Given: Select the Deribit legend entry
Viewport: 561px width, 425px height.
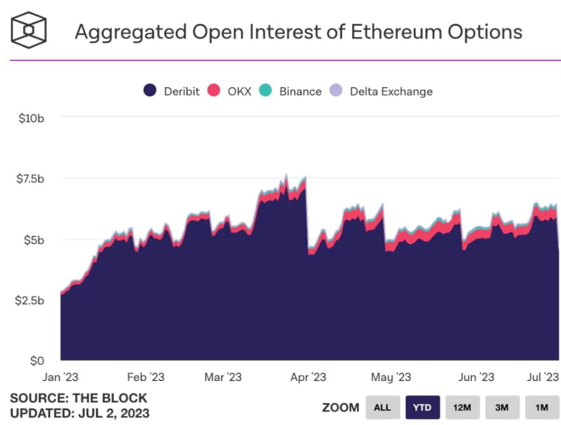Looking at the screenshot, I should [x=171, y=91].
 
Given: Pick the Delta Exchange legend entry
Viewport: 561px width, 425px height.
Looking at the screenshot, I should [x=381, y=91].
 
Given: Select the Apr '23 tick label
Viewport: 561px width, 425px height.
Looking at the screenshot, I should [x=308, y=377].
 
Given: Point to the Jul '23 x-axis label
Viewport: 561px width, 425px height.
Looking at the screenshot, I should [x=542, y=377].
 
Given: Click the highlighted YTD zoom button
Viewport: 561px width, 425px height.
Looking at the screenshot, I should [x=422, y=407].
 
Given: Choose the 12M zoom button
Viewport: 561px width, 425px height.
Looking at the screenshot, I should [x=462, y=407].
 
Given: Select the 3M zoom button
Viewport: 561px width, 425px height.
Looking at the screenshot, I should [x=501, y=407].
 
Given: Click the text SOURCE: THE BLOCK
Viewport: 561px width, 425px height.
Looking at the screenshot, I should [x=78, y=399].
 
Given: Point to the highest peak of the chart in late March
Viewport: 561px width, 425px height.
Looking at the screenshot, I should [x=286, y=175].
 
